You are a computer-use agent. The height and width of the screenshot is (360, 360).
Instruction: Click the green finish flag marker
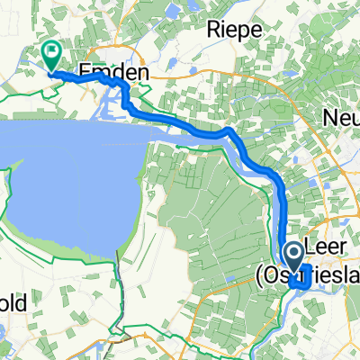(52, 57)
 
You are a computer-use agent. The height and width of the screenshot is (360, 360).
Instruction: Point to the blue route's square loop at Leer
(301, 281)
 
